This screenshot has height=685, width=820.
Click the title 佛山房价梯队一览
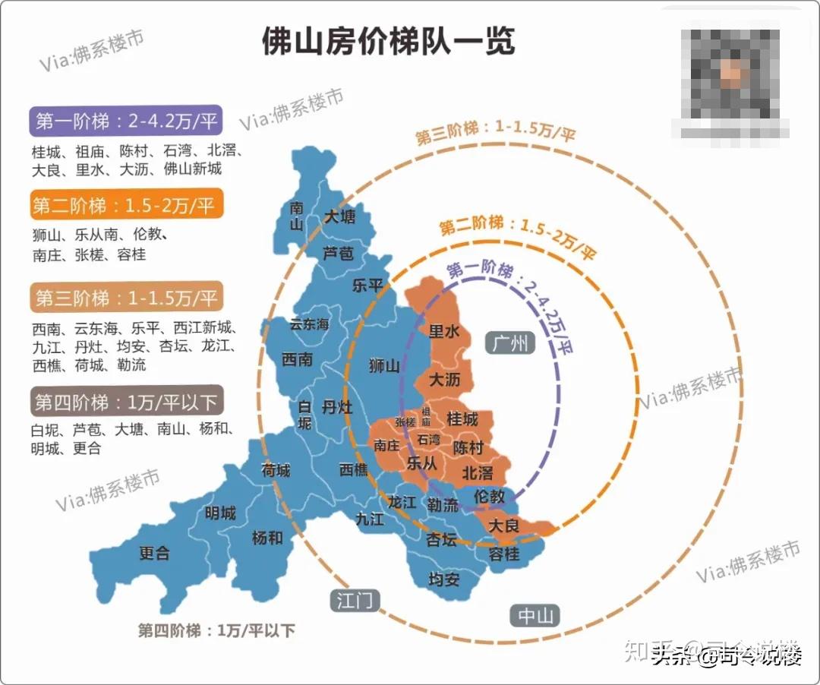pyautogui.click(x=388, y=41)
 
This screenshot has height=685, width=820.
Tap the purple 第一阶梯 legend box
pyautogui.click(x=126, y=121)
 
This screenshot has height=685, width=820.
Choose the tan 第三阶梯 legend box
pyautogui.click(x=126, y=298)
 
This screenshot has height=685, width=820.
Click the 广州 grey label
pyautogui.click(x=509, y=343)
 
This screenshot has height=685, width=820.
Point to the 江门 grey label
pyautogui.click(x=355, y=601)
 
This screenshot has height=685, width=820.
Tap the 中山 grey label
pyautogui.click(x=536, y=616)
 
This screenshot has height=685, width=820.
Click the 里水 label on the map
pyautogui.click(x=445, y=331)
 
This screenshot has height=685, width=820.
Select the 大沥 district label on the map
pyautogui.click(x=446, y=378)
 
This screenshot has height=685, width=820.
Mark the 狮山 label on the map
pyautogui.click(x=383, y=366)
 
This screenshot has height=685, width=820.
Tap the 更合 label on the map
pyautogui.click(x=154, y=553)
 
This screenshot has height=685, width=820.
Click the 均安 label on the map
pyautogui.click(x=444, y=579)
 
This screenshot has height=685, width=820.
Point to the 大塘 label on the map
pyautogui.click(x=339, y=218)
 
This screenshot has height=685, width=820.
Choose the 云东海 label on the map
pyautogui.click(x=309, y=324)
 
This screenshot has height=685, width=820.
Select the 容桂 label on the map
pyautogui.click(x=504, y=554)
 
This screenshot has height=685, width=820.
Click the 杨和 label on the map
pyautogui.click(x=267, y=538)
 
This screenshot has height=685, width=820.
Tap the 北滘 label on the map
pyautogui.click(x=478, y=472)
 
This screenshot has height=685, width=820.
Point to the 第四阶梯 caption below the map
pyautogui.click(x=216, y=630)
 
